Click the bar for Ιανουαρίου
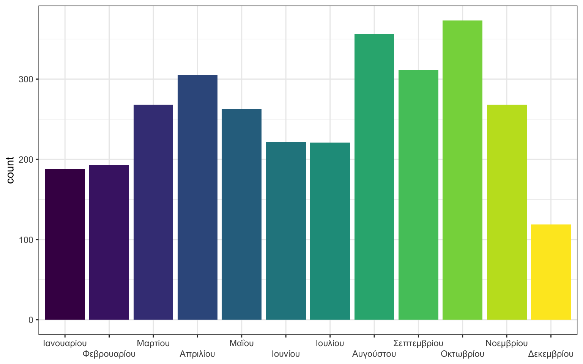click(65, 244)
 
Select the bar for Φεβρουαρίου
click(109, 242)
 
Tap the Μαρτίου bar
click(153, 212)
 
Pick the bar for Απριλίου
click(197, 197)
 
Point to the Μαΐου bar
click(241, 214)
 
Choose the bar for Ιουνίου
click(286, 231)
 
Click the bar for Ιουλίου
click(330, 231)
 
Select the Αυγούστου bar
click(374, 177)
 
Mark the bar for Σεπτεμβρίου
click(418, 195)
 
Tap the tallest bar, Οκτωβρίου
click(462, 170)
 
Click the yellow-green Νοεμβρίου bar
click(507, 212)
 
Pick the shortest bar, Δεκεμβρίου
click(551, 272)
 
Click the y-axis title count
click(10, 170)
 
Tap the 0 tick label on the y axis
click(31, 320)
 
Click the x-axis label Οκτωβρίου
click(462, 354)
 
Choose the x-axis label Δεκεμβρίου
click(551, 354)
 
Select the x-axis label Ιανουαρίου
click(65, 344)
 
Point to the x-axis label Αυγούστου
click(374, 354)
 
